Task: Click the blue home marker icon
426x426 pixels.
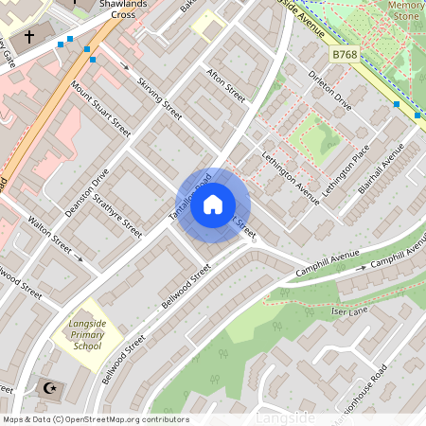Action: pos(213,204)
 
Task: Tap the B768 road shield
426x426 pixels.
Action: pos(345,57)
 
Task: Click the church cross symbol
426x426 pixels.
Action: pos(29,38)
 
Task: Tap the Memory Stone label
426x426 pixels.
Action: pos(406,10)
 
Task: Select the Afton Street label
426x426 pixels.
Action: pos(225,84)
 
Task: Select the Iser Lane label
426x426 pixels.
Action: pos(349,311)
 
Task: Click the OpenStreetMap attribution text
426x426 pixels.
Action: pos(95,419)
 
